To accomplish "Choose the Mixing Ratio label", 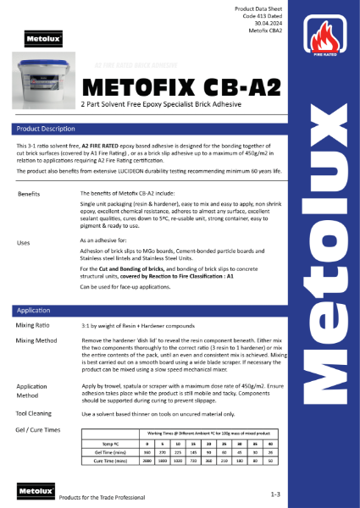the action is tap(35, 325).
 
